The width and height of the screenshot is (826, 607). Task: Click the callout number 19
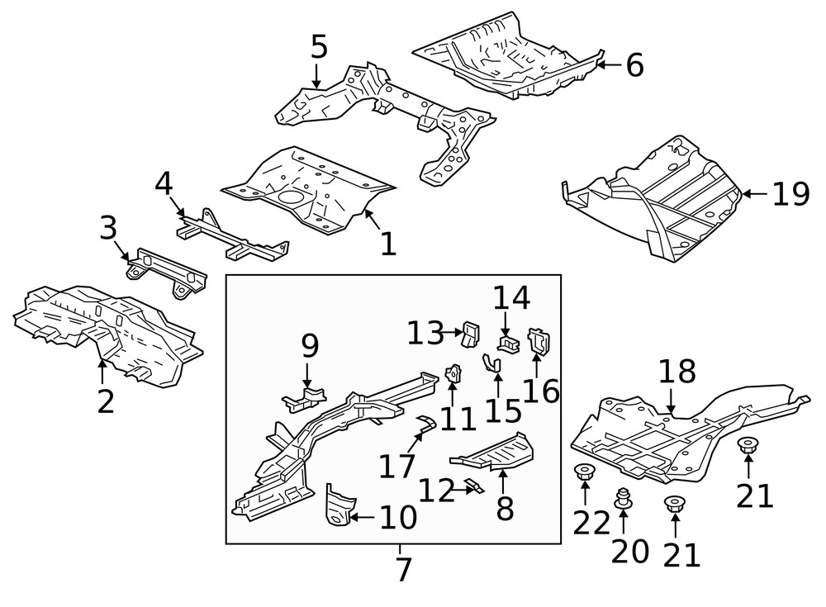[790, 194]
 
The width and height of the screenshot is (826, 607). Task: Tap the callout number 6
[635, 65]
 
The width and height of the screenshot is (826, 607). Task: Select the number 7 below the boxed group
[403, 569]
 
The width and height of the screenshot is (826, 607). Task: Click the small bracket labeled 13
[471, 334]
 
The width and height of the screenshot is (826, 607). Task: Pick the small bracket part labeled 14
[509, 344]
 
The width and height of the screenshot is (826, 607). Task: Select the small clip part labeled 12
[475, 486]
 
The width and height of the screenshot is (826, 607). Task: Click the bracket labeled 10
[338, 505]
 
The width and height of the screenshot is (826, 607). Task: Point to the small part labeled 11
[453, 373]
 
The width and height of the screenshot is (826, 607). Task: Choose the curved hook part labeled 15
[492, 363]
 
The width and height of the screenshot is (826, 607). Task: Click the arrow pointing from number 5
[316, 76]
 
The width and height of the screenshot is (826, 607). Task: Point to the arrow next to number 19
[754, 194]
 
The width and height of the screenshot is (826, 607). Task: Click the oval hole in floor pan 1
[291, 197]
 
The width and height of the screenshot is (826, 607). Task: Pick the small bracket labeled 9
[305, 398]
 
